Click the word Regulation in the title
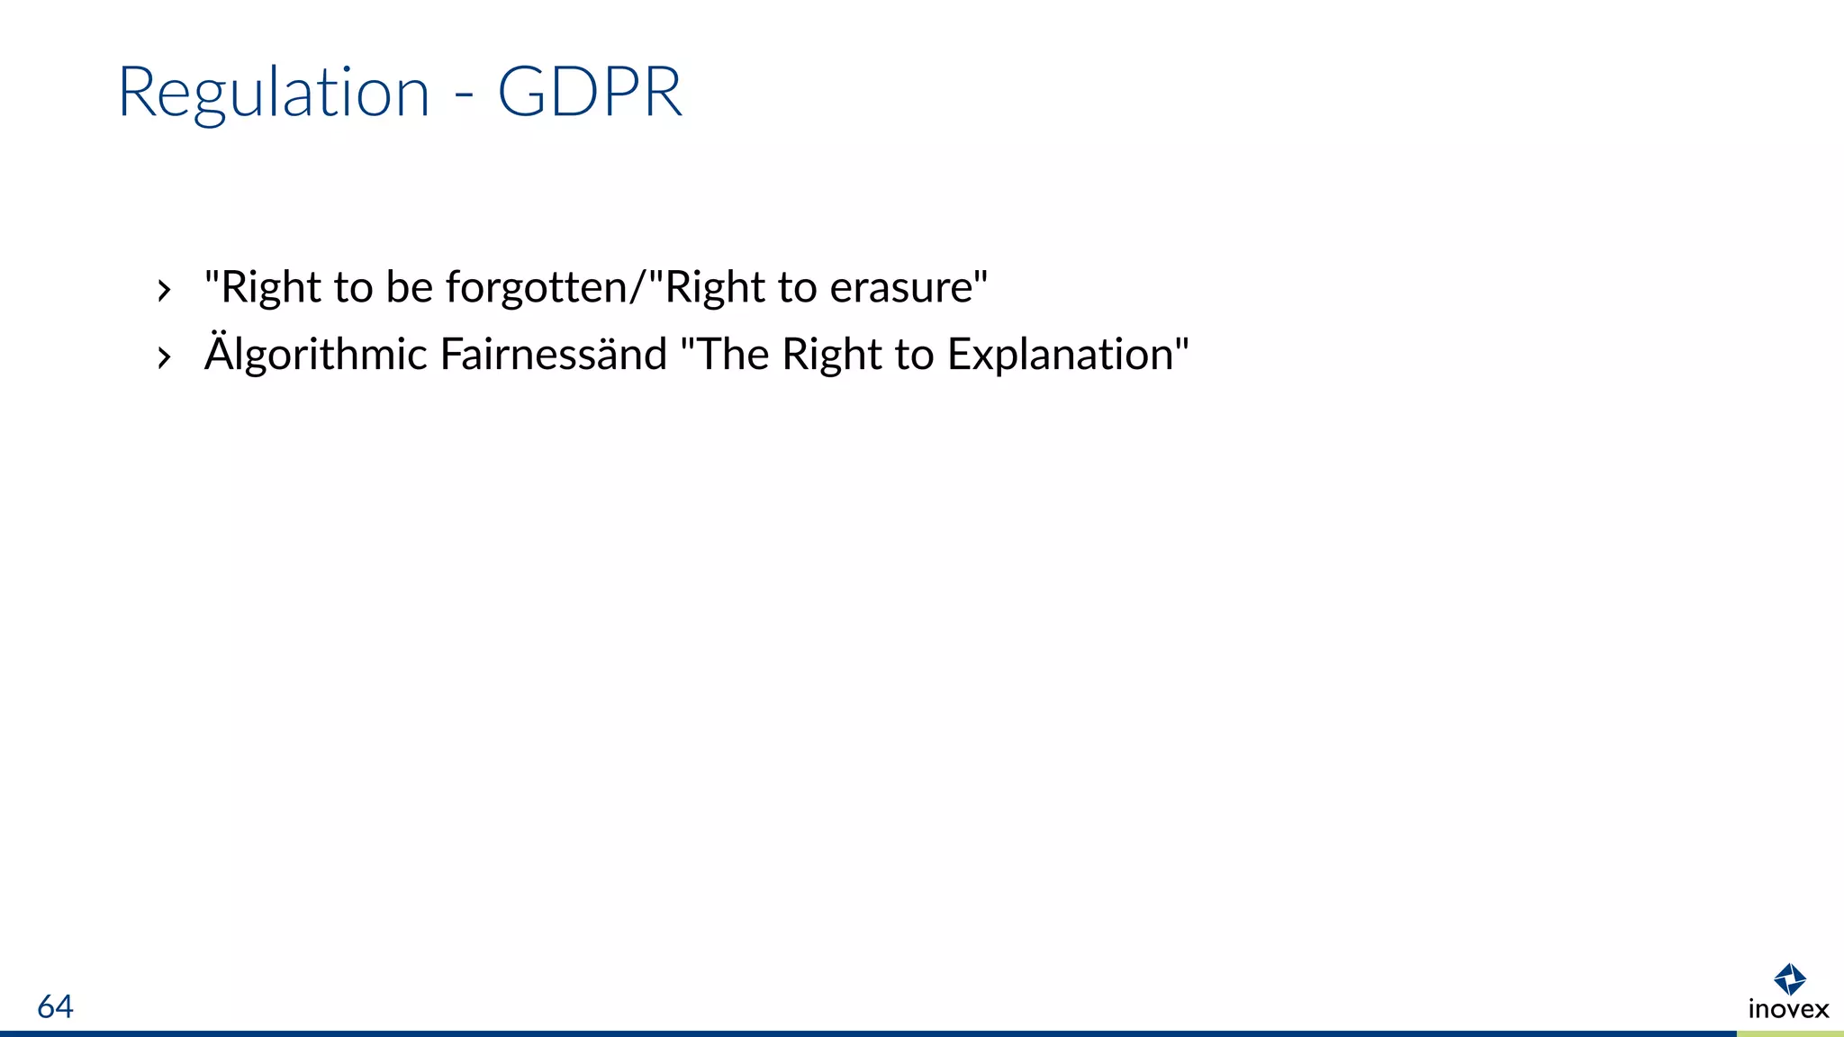274,94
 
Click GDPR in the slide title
590,92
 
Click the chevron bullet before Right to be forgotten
163,291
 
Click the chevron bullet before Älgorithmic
163,357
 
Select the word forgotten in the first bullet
537,288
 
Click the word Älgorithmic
315,355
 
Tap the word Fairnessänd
553,355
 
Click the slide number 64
55,1006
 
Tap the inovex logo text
1788,1009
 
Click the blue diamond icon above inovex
1789,978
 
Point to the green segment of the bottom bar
1790,1033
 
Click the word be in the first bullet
410,288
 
